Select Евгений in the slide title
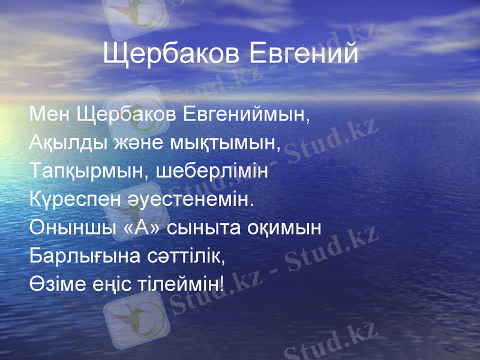click(x=303, y=55)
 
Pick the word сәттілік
click(x=188, y=256)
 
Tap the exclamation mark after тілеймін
click(x=222, y=284)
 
